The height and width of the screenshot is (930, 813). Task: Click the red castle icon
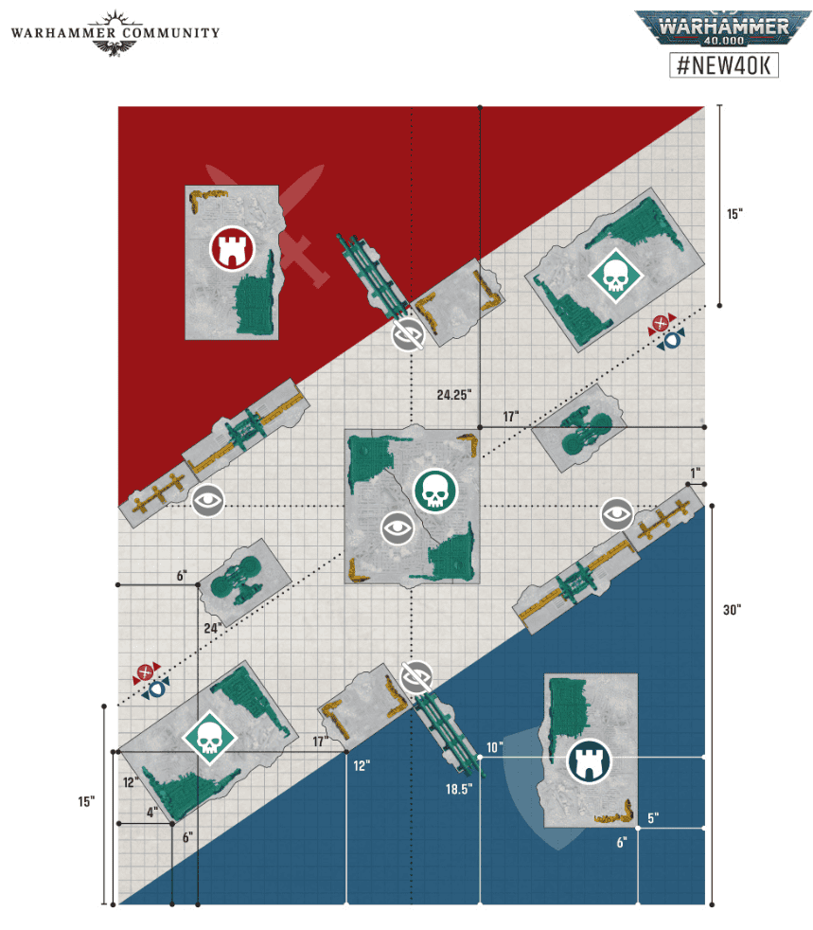click(x=232, y=248)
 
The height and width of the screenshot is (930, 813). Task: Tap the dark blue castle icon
click(x=589, y=761)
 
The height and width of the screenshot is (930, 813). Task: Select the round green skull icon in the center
click(x=435, y=492)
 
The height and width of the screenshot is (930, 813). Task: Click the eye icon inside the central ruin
click(x=398, y=528)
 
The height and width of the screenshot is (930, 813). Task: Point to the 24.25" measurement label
click(x=454, y=394)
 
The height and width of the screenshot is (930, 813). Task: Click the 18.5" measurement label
click(x=459, y=789)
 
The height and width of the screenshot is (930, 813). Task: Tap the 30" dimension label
click(x=732, y=610)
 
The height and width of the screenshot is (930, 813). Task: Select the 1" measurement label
click(x=695, y=473)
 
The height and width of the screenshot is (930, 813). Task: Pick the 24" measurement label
click(x=213, y=628)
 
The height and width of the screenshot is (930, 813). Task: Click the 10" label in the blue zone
click(x=494, y=747)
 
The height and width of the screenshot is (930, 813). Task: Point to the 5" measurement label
click(x=653, y=818)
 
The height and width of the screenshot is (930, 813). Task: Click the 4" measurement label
click(x=152, y=812)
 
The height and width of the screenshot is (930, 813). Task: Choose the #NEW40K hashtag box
click(x=723, y=64)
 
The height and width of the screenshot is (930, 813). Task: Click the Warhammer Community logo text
click(x=115, y=33)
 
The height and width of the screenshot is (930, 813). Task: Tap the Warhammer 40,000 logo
click(x=723, y=27)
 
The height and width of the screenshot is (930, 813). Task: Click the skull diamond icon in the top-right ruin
click(x=616, y=276)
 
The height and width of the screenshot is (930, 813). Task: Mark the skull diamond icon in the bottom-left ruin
click(x=209, y=737)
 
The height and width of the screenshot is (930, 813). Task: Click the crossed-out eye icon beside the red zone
click(x=408, y=334)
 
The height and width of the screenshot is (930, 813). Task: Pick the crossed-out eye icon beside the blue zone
click(x=416, y=677)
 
